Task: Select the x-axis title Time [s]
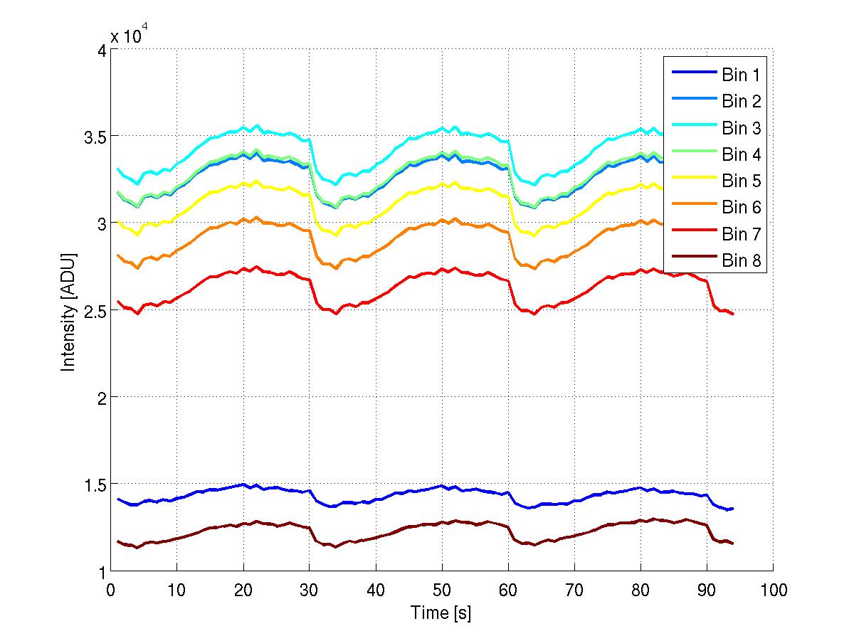(441, 613)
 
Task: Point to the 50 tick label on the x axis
(441, 590)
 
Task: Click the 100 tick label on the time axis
(773, 590)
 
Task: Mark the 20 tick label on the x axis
(243, 590)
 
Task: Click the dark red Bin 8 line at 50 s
(441, 522)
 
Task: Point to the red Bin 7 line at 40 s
(375, 302)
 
